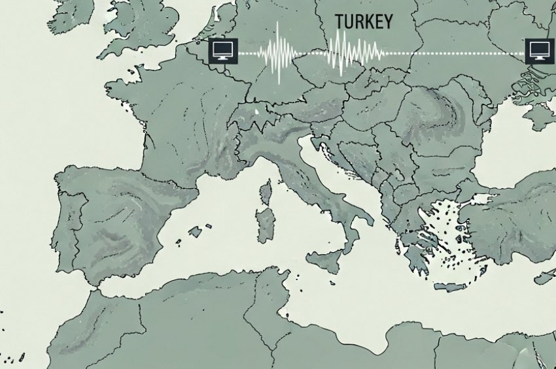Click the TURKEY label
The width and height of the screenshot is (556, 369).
click(364, 22)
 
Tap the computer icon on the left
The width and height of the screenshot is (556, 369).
click(221, 50)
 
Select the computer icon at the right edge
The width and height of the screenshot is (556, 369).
click(538, 50)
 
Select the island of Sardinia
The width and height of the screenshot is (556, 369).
click(266, 225)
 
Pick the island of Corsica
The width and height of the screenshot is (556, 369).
click(266, 193)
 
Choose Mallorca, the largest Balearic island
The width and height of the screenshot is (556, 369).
click(194, 231)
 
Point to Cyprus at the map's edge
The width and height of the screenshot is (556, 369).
click(545, 277)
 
